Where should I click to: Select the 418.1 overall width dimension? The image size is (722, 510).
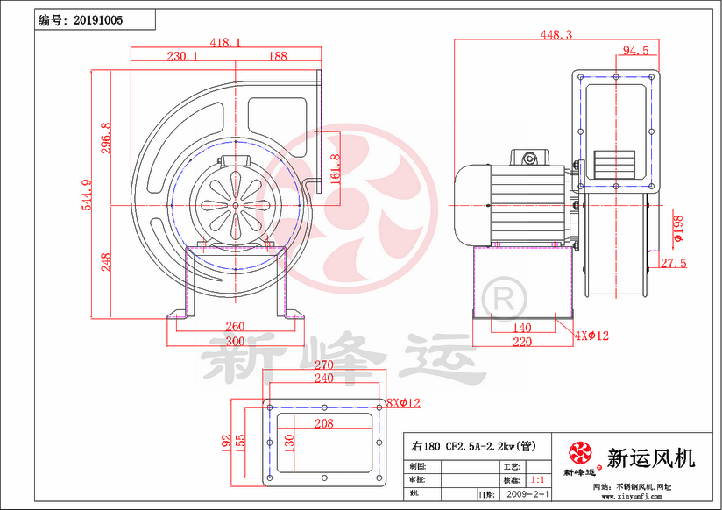click(226, 42)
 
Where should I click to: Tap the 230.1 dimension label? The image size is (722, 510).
click(181, 56)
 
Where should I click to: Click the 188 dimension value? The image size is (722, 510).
click(277, 56)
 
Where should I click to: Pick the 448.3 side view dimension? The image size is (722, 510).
click(556, 35)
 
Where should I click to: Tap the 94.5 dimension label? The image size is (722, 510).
click(635, 51)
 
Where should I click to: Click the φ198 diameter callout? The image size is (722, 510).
click(677, 227)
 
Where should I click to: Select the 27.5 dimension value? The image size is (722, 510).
click(673, 263)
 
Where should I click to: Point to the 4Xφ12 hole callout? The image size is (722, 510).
click(592, 334)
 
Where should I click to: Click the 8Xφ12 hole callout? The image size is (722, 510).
click(403, 403)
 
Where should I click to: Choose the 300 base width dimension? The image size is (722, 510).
click(234, 341)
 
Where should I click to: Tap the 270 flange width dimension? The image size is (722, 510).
click(324, 365)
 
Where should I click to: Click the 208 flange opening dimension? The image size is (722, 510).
click(324, 423)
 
